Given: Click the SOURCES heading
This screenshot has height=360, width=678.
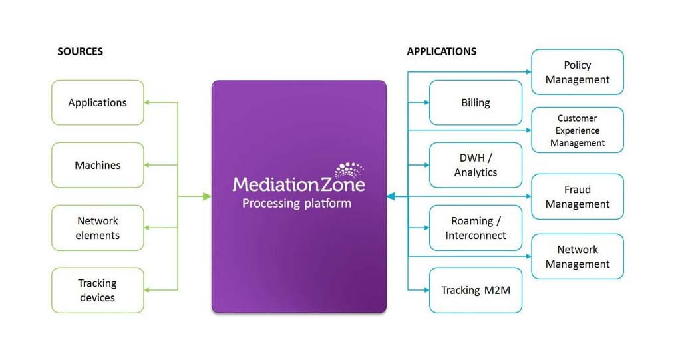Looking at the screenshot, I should (80, 51).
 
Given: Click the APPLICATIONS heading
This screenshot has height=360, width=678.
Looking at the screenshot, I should (441, 51).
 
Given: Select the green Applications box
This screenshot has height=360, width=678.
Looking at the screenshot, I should (97, 102).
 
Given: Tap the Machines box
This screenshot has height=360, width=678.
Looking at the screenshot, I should (97, 165).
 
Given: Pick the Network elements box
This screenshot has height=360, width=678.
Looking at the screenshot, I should (97, 228).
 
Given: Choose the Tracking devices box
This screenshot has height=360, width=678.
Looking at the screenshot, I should (97, 290).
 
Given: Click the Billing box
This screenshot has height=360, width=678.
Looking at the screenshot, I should (475, 102).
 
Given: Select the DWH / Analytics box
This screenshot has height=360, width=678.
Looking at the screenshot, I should (475, 165).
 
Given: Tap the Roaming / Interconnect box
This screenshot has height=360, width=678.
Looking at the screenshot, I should (475, 228).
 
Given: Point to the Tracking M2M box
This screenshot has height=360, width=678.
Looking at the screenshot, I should (475, 290).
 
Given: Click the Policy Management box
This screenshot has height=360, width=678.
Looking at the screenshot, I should (577, 72).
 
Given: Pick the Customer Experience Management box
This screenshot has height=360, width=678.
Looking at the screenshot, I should (577, 130).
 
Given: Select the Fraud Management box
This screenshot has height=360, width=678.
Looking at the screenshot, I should (577, 196).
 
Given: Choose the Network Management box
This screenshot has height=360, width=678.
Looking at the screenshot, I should (577, 256).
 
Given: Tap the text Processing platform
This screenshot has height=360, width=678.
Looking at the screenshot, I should (296, 203).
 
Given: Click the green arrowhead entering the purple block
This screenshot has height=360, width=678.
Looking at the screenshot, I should (207, 196).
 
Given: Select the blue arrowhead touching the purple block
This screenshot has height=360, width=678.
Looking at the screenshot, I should (391, 196).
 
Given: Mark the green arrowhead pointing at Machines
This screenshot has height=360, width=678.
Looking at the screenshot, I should (148, 165).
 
